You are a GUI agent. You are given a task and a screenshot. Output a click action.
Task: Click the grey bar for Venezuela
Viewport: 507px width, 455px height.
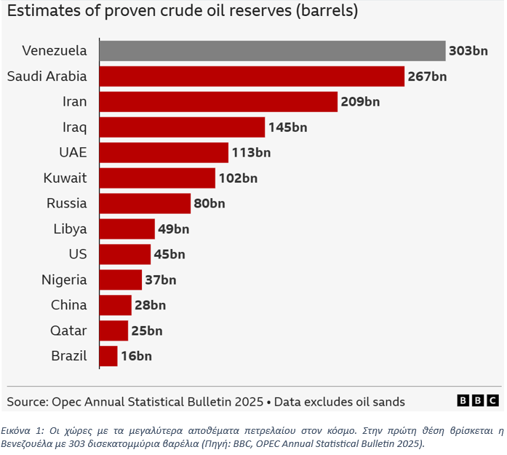click(x=272, y=51)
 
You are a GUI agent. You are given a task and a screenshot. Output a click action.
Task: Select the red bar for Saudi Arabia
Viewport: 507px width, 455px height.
click(x=251, y=76)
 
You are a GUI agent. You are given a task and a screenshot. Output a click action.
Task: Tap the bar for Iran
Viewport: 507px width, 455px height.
click(x=218, y=102)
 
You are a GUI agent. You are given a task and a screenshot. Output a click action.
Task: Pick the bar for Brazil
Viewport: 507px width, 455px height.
click(x=108, y=357)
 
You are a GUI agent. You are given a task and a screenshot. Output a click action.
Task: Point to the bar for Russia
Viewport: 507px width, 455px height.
click(x=145, y=204)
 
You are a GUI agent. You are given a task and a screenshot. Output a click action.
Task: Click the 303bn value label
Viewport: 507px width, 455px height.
click(x=468, y=51)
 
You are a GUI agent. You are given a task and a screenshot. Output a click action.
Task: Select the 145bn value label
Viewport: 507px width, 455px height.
click(x=287, y=127)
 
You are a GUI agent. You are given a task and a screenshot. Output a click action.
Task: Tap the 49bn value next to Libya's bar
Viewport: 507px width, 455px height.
click(x=173, y=229)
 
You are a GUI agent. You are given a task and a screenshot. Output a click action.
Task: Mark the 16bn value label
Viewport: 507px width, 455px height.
click(x=136, y=357)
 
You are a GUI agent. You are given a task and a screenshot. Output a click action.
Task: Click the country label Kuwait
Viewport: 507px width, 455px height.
click(x=65, y=178)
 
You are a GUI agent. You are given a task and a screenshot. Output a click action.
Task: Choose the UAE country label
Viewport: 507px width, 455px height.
click(x=73, y=153)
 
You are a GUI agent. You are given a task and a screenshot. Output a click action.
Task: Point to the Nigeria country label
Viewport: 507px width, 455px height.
click(x=64, y=280)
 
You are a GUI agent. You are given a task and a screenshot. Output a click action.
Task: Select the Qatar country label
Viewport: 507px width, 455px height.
click(x=68, y=331)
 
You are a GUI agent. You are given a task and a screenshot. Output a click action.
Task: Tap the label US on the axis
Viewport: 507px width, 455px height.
click(x=78, y=255)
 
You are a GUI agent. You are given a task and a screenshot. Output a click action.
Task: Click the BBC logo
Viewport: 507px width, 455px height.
click(x=478, y=401)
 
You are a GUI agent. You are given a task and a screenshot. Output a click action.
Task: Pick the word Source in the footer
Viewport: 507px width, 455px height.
click(x=26, y=402)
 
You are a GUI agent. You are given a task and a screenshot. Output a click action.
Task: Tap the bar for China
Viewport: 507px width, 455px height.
click(x=115, y=306)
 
